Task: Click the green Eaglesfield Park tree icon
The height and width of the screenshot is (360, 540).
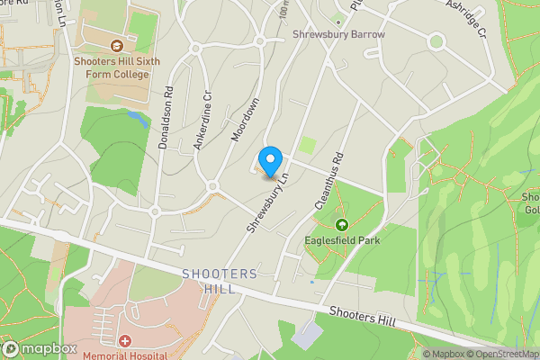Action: (342, 225)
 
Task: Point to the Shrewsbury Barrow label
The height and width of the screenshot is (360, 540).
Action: (338, 34)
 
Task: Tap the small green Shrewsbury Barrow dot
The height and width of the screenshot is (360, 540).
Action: (338, 21)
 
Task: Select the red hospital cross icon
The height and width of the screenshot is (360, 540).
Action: (123, 341)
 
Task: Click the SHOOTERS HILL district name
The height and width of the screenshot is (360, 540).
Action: (219, 281)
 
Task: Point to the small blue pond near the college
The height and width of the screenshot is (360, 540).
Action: (136, 115)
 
